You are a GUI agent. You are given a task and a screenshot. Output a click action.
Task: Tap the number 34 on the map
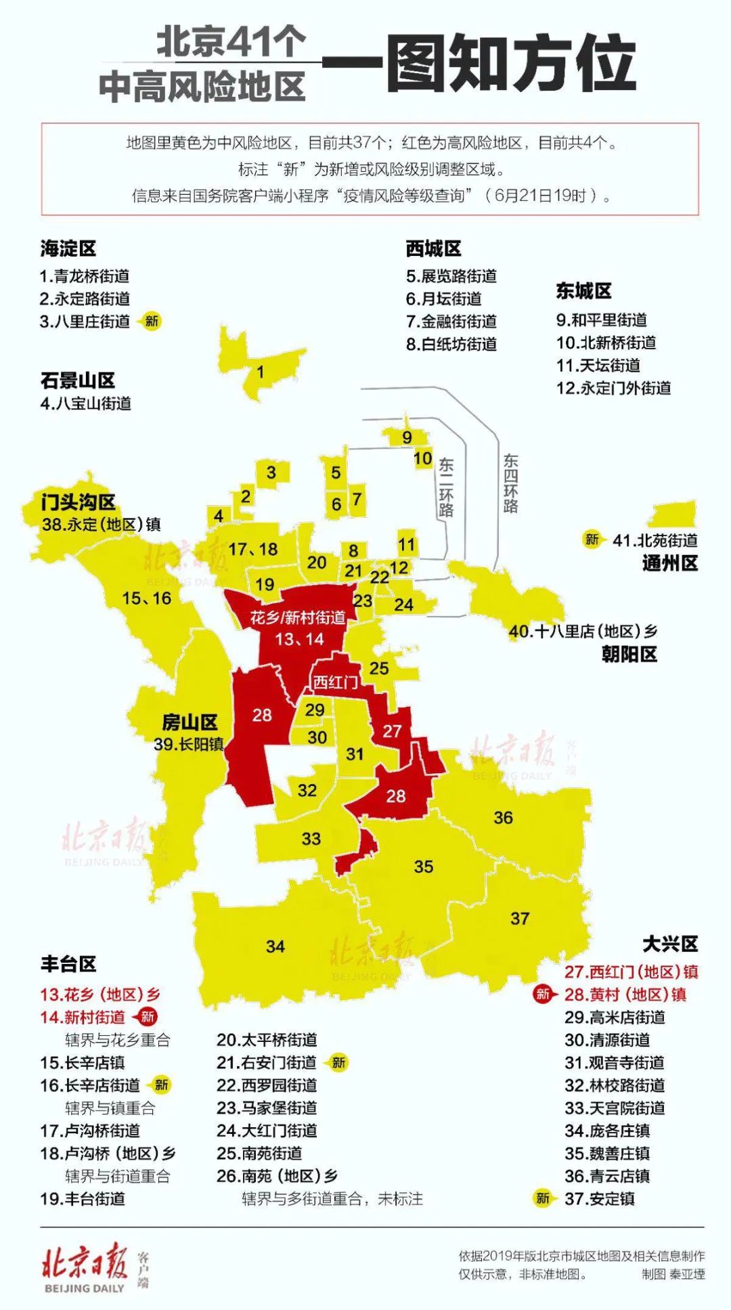pos(275,946)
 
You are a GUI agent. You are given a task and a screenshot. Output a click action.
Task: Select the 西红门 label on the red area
pos(335,682)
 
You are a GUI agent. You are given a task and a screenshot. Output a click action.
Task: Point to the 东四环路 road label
pos(510,483)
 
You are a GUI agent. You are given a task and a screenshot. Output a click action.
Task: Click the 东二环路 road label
pos(445,487)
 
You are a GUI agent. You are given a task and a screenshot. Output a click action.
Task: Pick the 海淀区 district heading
pos(68,248)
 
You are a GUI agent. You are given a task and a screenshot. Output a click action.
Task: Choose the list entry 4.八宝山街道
pos(85,403)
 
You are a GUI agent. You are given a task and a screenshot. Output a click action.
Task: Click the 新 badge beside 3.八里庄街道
pos(151,321)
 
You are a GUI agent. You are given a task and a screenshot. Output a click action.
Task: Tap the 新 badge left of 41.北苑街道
pos(592,540)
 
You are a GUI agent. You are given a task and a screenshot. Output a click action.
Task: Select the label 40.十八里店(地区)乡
pos(583,632)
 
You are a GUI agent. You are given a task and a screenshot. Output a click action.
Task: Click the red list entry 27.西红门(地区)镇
pos(631,971)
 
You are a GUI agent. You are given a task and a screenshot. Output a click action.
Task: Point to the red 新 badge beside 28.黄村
pos(543,994)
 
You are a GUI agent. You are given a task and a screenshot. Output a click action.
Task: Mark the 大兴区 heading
pos(669,944)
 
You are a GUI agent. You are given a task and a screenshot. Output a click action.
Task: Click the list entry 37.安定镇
pos(600,1198)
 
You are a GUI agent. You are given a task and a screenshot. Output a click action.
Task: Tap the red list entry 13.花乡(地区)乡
pos(100,994)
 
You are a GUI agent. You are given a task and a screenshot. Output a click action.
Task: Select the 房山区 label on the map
pos(190,722)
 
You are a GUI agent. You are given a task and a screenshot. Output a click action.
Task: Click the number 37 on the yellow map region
pos(519,918)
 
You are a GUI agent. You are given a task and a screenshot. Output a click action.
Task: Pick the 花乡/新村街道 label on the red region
pos(298,617)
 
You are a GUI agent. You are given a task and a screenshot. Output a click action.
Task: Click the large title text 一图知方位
pos(511,64)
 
